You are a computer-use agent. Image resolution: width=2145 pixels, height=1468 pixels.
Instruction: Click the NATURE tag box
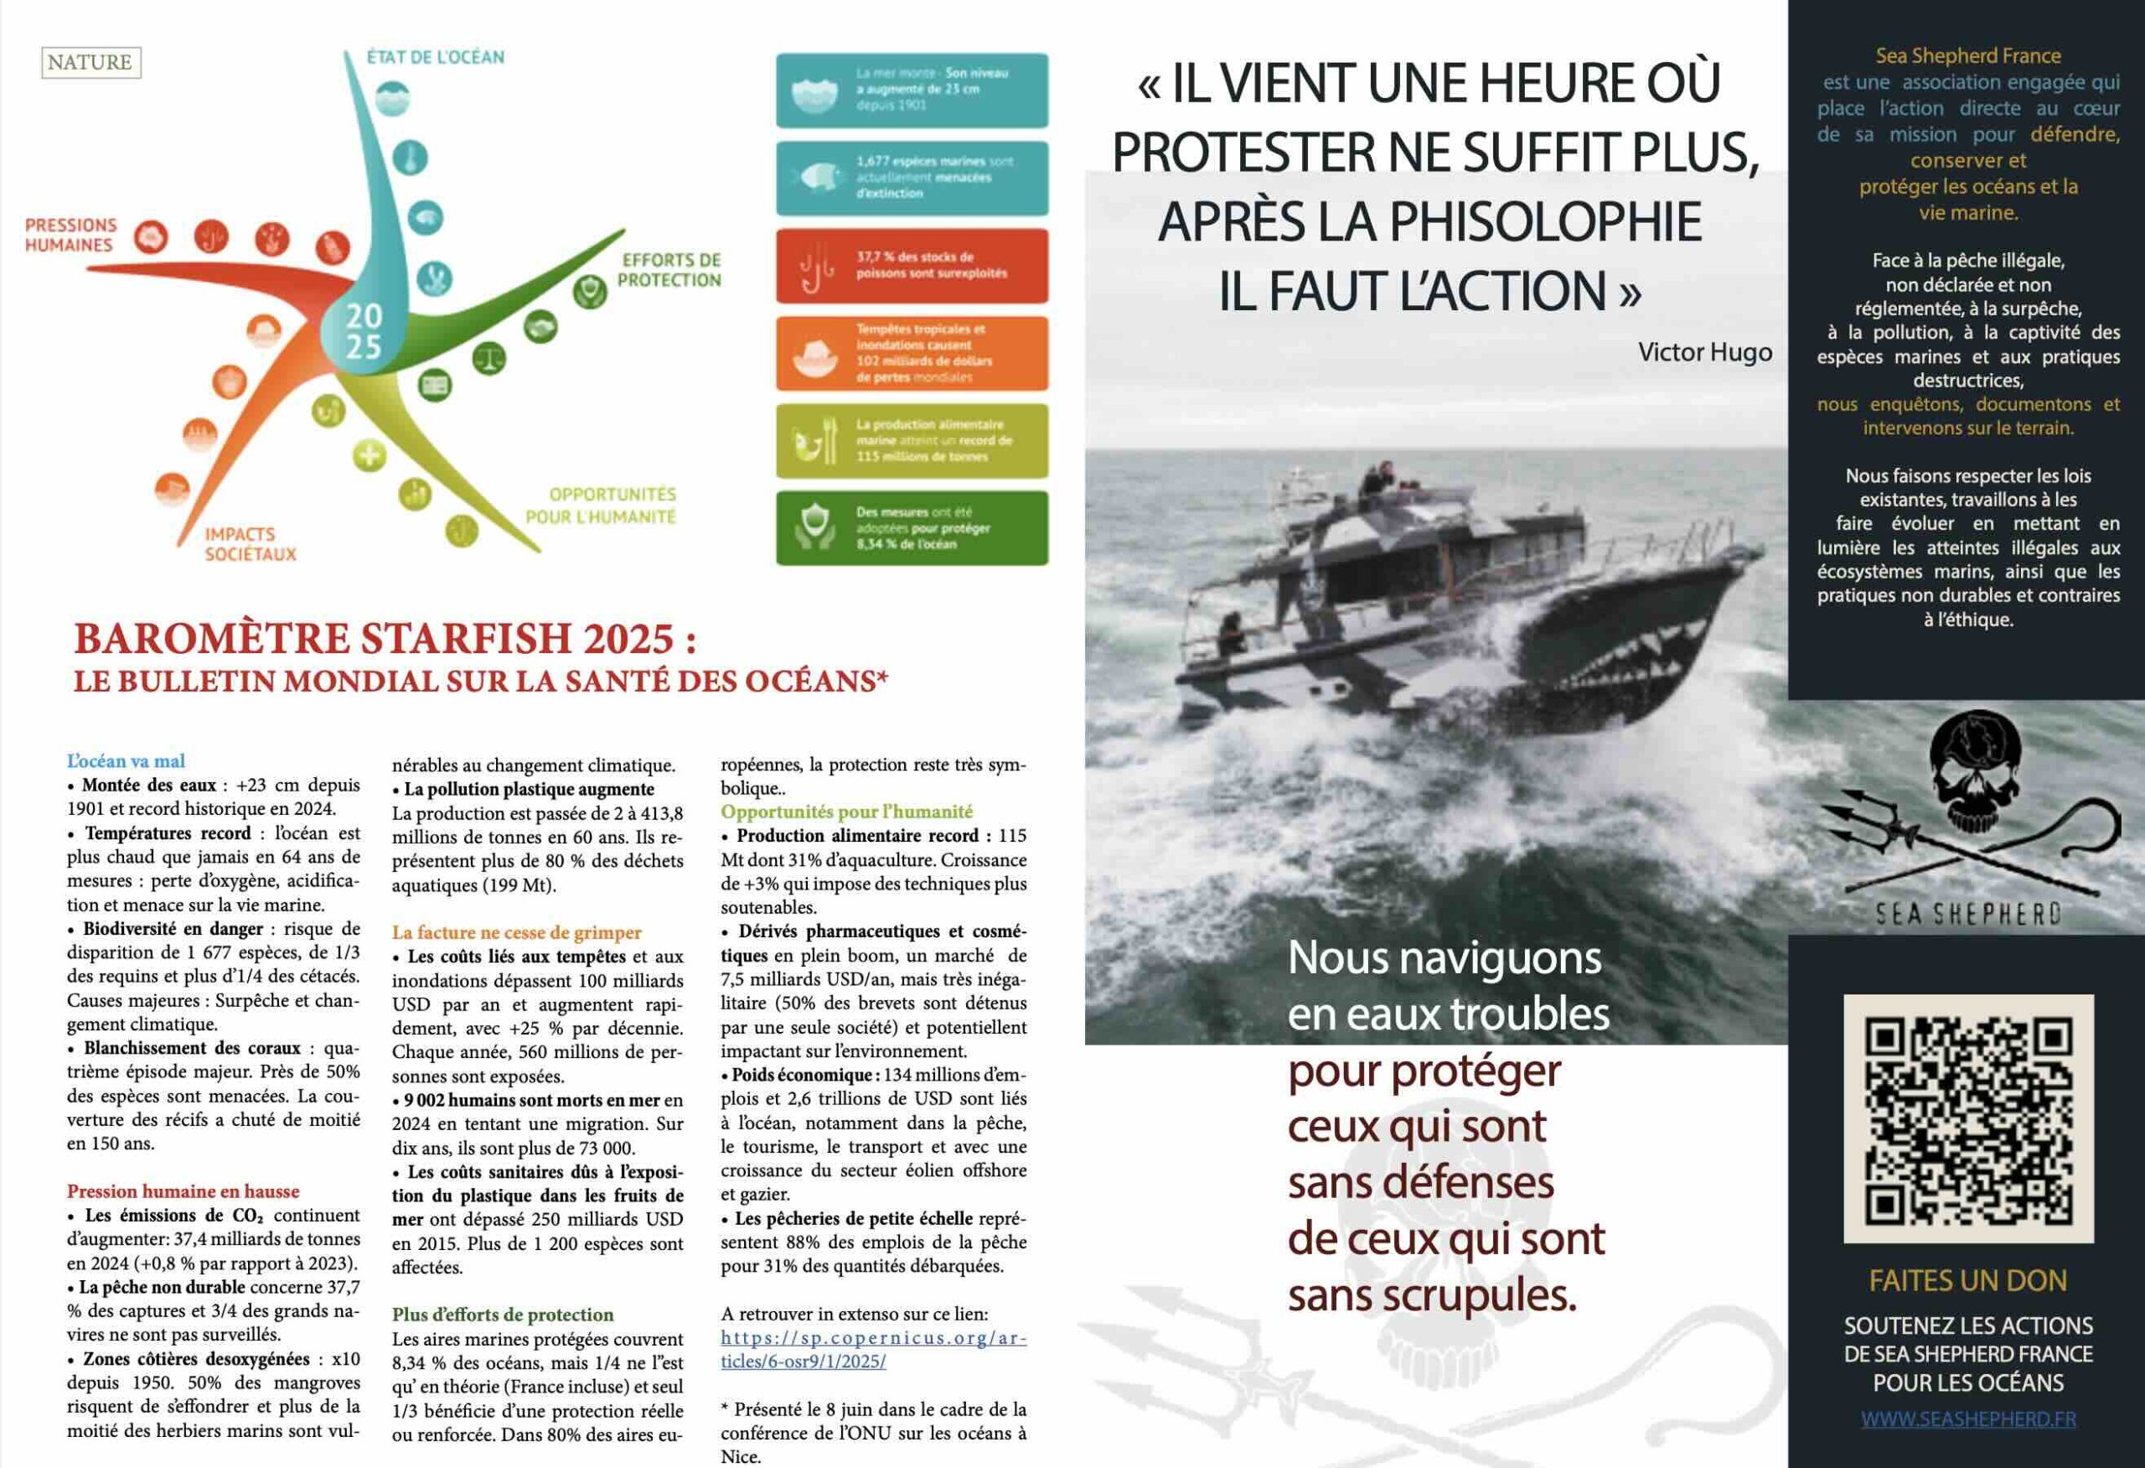click(90, 63)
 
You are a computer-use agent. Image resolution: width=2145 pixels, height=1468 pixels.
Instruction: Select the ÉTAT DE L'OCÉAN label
click(436, 57)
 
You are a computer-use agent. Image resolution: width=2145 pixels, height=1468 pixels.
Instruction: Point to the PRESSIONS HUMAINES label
click(71, 235)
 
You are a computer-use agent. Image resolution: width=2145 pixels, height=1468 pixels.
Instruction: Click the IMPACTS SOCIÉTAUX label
click(251, 544)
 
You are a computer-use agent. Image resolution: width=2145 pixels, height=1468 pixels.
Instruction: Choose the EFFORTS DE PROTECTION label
click(669, 270)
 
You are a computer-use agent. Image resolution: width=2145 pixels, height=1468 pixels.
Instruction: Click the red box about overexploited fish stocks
click(911, 266)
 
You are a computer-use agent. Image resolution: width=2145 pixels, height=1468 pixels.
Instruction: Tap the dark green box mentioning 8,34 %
click(911, 528)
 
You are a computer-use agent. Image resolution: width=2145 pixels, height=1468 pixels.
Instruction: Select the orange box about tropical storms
click(911, 353)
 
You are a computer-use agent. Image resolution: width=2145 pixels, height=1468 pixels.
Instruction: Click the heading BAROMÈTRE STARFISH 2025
click(385, 639)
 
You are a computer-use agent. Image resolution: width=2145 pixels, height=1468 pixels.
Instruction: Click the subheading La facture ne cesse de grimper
click(516, 932)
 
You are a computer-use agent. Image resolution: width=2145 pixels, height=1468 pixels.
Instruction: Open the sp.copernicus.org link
click(872, 1349)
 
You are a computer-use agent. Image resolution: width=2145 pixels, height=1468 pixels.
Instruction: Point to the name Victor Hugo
click(1705, 352)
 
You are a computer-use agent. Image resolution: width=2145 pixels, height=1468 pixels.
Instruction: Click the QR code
click(1968, 1118)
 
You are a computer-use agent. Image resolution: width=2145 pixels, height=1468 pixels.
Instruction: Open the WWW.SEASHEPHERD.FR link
click(1968, 1419)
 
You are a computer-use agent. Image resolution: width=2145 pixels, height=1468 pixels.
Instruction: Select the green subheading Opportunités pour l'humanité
click(846, 812)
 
